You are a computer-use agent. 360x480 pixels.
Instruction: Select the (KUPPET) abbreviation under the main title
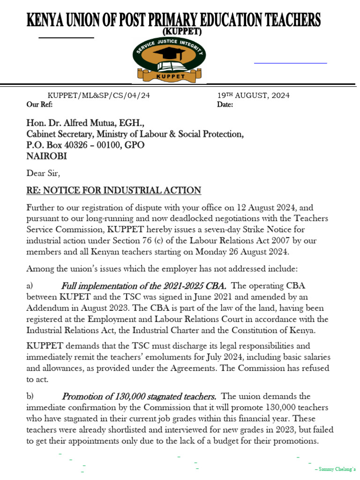point(182,31)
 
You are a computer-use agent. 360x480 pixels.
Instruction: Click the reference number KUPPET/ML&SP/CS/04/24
point(99,96)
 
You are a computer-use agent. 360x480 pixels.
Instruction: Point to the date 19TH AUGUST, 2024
point(253,96)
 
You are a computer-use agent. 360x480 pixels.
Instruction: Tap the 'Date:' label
point(225,105)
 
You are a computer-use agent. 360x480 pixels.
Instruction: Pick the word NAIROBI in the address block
point(46,156)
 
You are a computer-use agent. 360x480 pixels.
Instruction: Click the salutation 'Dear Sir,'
point(44,173)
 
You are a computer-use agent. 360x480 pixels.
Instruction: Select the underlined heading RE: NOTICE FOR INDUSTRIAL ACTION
point(114,190)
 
